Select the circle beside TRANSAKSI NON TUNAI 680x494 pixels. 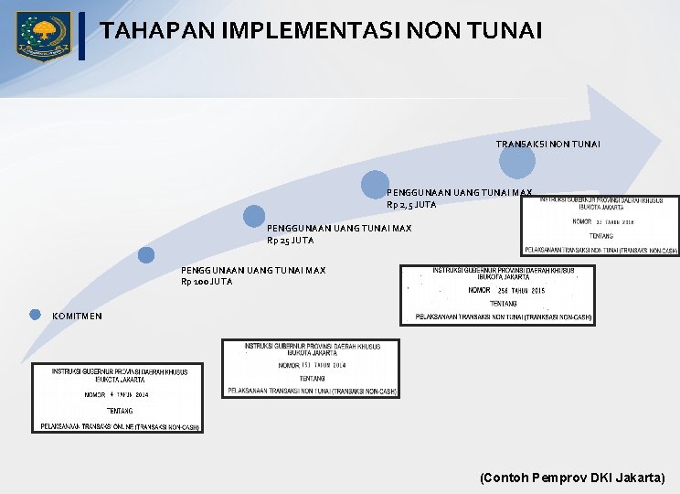517,162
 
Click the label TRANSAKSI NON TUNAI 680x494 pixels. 547,145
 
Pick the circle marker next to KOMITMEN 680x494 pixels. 35,315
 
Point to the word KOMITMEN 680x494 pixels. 78,316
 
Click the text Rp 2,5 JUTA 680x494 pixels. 411,205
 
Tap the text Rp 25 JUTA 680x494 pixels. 290,241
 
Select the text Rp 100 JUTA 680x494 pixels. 207,282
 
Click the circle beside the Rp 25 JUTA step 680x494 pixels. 254,216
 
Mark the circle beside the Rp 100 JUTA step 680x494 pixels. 145,255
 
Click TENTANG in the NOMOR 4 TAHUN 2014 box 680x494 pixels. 119,411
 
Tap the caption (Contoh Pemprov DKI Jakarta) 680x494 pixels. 572,478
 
